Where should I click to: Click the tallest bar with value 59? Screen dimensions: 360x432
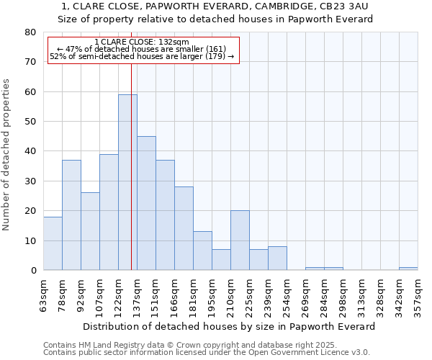(x=127, y=182)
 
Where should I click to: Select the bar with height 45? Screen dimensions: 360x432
(x=146, y=203)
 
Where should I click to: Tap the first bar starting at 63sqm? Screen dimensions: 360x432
(x=53, y=243)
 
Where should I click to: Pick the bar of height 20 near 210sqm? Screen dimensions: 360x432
(x=240, y=240)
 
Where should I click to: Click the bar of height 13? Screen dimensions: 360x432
(x=202, y=251)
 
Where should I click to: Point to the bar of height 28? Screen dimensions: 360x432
(x=184, y=228)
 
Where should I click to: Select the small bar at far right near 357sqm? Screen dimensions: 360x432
(x=408, y=269)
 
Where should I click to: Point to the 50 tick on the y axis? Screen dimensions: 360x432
(x=30, y=122)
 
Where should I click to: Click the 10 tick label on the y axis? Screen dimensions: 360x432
(x=30, y=240)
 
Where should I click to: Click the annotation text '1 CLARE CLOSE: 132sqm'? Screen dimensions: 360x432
(x=142, y=42)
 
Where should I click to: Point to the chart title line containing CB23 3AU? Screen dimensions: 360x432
(x=215, y=6)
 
